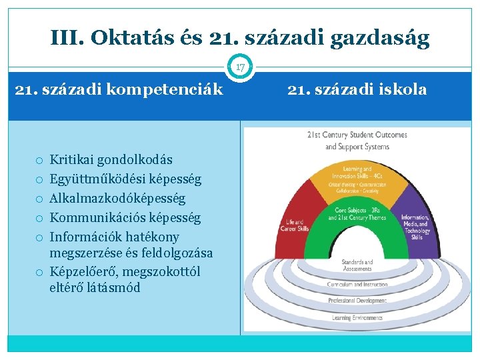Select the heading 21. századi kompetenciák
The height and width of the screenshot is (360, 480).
119,89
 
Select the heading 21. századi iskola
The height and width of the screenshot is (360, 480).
357,89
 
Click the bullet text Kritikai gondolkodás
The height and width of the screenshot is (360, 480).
111,160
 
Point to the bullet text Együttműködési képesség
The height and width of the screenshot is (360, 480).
125,179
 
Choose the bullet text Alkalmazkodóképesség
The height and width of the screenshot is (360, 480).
118,199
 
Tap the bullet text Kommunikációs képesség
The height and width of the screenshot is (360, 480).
125,218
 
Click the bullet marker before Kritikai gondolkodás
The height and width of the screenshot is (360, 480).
40,161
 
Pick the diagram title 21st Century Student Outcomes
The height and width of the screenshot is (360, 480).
357,135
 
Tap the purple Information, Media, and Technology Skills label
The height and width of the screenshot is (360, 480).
416,227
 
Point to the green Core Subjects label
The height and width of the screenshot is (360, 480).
357,214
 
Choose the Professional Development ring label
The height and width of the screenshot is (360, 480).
357,301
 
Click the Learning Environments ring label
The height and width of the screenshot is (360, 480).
357,318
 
